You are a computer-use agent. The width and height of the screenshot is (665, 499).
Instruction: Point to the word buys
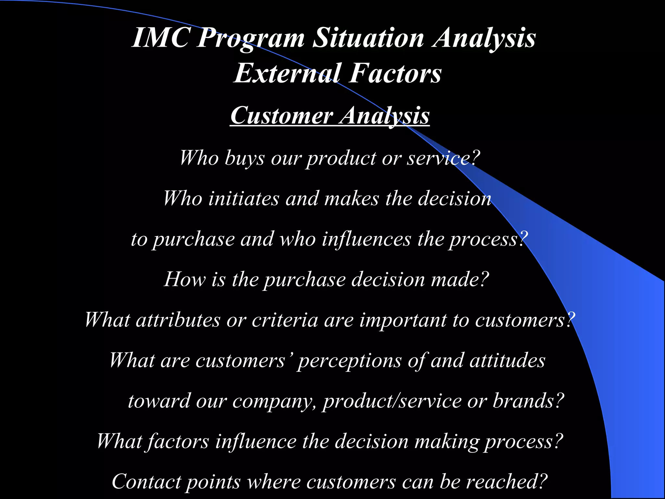tap(244, 159)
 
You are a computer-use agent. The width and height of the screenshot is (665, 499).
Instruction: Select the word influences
tap(367, 239)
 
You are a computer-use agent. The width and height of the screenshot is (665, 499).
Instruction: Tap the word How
tap(184, 279)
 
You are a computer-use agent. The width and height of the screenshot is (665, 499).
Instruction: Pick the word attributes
tap(178, 320)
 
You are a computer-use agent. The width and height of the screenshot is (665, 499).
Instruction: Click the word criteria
tap(285, 320)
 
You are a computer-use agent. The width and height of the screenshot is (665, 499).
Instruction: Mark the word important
tap(403, 320)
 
